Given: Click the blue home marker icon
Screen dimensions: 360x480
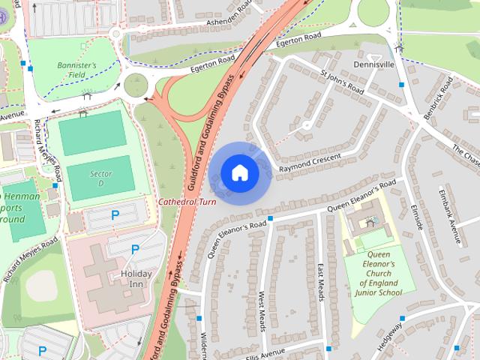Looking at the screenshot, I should click(x=239, y=172).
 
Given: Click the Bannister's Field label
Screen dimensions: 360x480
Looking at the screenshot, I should click(x=77, y=70).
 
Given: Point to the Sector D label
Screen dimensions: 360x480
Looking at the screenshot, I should click(x=100, y=178).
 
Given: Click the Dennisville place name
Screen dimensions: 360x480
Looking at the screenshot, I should click(x=373, y=65).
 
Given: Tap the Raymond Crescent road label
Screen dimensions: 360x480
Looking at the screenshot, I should click(x=310, y=163).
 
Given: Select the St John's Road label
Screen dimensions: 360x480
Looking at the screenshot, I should click(x=341, y=83).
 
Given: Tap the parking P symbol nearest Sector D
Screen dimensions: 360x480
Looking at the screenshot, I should click(x=115, y=215).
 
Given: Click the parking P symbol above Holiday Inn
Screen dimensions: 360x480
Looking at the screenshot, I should click(x=135, y=249).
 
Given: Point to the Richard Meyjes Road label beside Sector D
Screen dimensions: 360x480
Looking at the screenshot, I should click(x=50, y=157).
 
